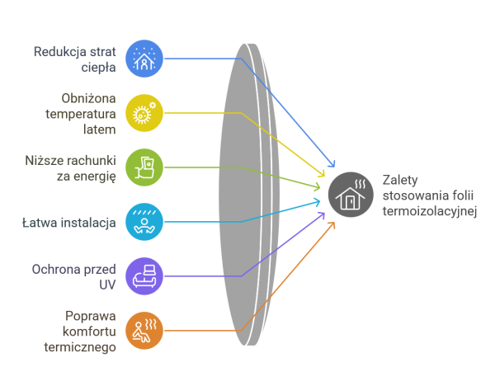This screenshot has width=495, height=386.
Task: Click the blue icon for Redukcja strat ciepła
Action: [x=144, y=58]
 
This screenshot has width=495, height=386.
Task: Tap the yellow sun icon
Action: [x=144, y=112]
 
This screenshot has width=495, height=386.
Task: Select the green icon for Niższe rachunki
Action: [x=144, y=167]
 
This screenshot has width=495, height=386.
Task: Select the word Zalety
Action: [x=399, y=180]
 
